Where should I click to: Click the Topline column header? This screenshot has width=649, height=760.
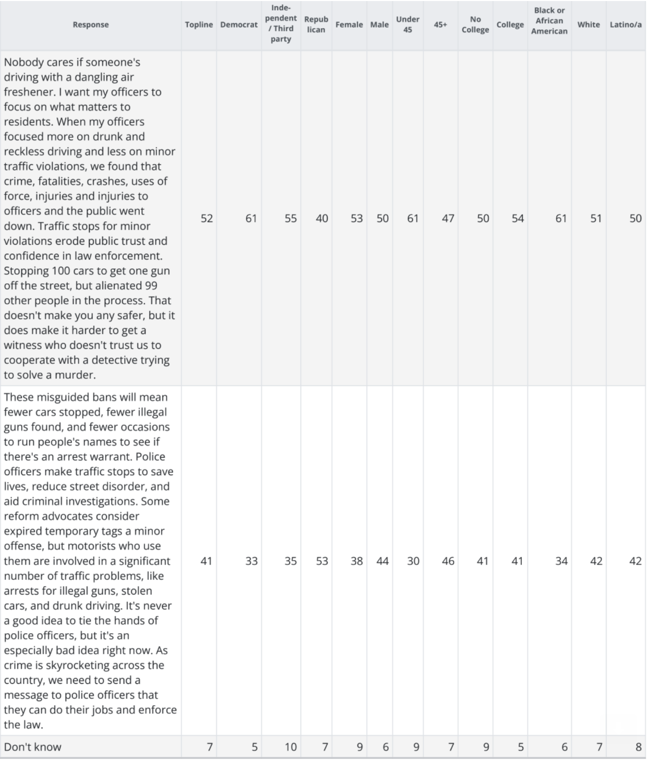(x=199, y=25)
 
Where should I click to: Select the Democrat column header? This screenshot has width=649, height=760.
(x=239, y=25)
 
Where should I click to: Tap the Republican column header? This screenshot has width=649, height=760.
(x=316, y=25)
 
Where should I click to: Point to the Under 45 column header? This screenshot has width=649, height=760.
(x=407, y=25)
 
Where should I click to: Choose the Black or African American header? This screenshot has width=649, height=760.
(x=549, y=21)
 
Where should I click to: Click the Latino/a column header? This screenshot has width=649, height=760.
(x=626, y=25)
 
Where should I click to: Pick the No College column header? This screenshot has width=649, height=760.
(x=475, y=25)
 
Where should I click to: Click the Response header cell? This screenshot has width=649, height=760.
(x=91, y=25)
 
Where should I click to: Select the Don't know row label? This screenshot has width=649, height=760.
(x=32, y=747)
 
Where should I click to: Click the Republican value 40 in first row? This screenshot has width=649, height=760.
(x=322, y=218)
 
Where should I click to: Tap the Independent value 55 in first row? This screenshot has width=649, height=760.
(x=291, y=218)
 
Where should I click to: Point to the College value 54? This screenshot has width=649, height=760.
(x=518, y=218)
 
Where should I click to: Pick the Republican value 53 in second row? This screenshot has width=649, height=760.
(x=322, y=561)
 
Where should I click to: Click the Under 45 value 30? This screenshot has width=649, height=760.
(x=413, y=561)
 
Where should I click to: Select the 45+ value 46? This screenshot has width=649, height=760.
(x=448, y=561)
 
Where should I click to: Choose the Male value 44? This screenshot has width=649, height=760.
(x=382, y=561)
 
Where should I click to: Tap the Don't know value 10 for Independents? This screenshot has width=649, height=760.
(x=291, y=747)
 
